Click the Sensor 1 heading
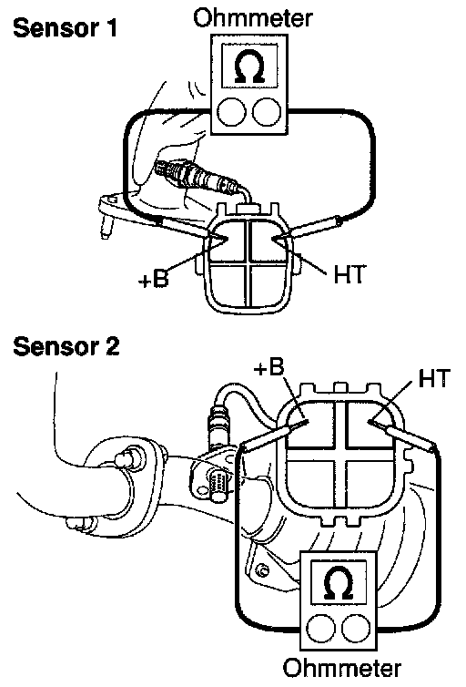pyautogui.click(x=66, y=27)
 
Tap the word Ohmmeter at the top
pyautogui.click(x=253, y=18)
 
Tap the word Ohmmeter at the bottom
pyautogui.click(x=341, y=669)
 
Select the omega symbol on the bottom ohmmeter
pyautogui.click(x=339, y=583)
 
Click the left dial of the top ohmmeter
pyautogui.click(x=231, y=112)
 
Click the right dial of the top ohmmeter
pyautogui.click(x=267, y=112)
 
